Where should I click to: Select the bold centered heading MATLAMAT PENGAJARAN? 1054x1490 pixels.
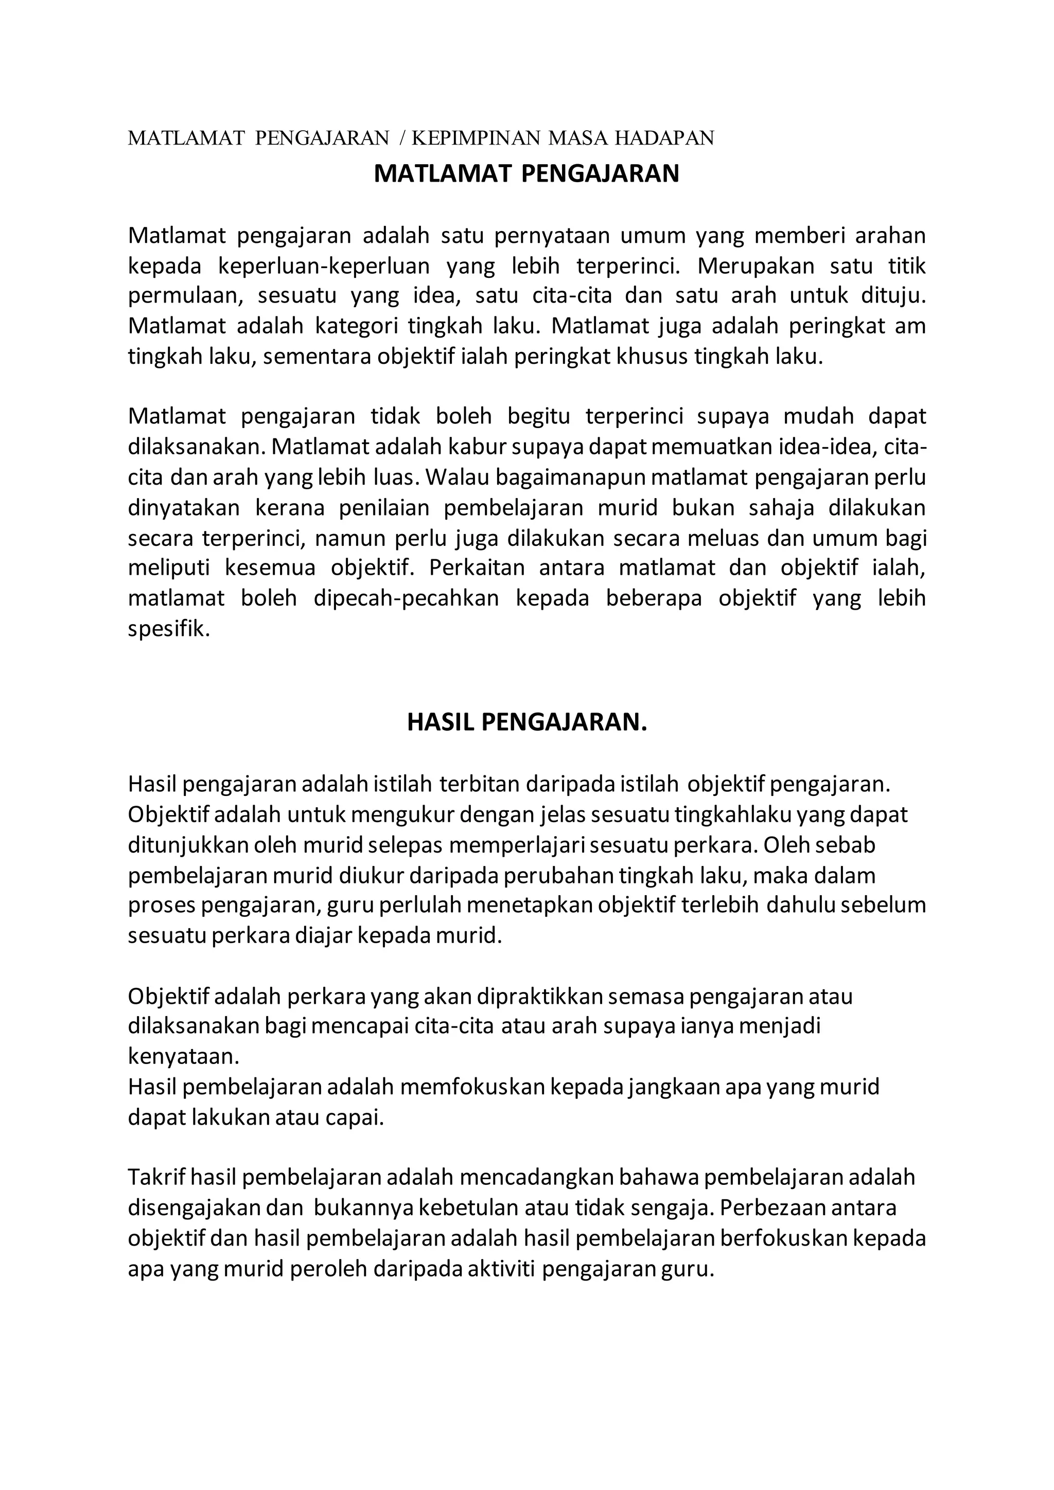526,174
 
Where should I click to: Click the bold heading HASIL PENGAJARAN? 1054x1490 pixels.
527,722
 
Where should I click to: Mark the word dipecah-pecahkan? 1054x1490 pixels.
406,598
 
